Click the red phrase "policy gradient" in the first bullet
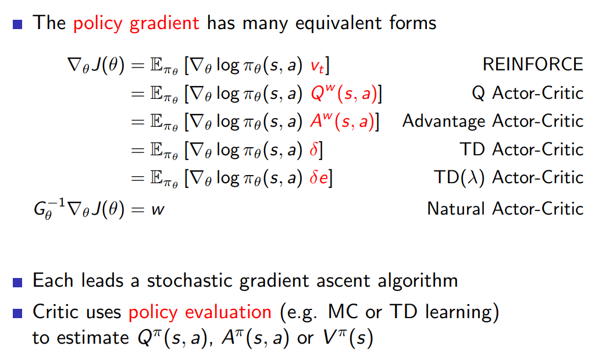[x=136, y=23]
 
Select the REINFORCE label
[x=532, y=64]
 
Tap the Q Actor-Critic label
[x=528, y=92]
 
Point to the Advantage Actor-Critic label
[x=493, y=121]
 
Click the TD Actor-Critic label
[x=521, y=149]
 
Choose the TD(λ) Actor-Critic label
[x=508, y=178]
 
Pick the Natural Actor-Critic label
[x=505, y=208]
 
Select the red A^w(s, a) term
[x=343, y=121]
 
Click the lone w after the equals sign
[x=158, y=209]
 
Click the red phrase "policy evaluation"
[x=200, y=312]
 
